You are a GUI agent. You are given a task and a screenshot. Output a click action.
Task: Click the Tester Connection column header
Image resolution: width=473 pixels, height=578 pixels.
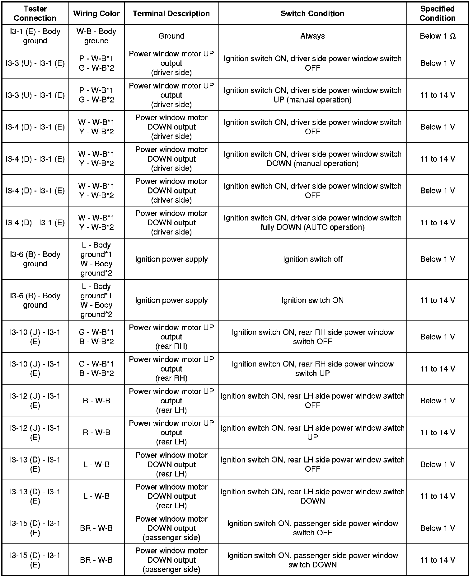click(35, 13)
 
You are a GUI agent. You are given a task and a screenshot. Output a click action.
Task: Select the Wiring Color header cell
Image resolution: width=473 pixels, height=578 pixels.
click(96, 13)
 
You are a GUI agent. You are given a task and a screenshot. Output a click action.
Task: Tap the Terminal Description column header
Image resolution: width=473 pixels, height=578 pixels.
click(171, 13)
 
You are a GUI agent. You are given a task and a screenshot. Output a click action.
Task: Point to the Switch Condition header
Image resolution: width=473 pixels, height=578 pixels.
click(312, 13)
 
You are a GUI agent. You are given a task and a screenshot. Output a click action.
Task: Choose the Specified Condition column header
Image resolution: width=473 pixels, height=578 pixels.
click(437, 13)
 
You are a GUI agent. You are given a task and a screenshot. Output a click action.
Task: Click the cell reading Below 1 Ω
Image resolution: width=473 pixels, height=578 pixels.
click(437, 36)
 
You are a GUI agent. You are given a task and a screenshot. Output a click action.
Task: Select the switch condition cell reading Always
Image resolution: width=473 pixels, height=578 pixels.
click(312, 36)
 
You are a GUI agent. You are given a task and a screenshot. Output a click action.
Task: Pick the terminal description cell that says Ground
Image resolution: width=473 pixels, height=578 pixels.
click(171, 36)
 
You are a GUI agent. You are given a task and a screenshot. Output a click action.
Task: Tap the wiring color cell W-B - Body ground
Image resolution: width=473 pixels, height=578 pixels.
click(96, 36)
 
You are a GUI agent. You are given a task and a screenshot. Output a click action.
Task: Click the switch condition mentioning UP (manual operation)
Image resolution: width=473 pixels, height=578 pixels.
click(312, 95)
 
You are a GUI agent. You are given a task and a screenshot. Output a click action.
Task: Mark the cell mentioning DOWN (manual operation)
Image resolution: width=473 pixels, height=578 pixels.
click(312, 159)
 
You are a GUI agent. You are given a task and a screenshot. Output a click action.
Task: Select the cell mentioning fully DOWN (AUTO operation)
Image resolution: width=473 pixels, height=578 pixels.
click(312, 222)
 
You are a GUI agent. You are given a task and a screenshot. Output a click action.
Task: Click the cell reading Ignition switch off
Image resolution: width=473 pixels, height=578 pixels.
click(312, 259)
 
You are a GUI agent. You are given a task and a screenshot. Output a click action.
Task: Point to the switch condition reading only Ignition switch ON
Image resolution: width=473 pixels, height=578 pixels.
click(312, 300)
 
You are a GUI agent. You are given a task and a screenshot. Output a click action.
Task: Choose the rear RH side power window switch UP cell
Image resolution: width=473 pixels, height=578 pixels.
click(312, 368)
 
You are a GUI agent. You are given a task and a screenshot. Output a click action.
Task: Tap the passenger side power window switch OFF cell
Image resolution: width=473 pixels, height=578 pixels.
click(312, 528)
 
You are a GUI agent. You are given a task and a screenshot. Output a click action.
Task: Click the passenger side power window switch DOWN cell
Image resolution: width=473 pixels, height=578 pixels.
click(312, 560)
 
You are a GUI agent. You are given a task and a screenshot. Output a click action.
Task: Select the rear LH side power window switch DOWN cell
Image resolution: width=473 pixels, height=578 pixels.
click(312, 496)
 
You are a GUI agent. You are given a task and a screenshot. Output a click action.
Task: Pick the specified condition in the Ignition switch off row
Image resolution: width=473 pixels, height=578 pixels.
click(437, 259)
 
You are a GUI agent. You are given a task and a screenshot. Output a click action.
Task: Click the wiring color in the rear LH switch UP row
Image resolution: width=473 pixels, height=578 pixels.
click(96, 432)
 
